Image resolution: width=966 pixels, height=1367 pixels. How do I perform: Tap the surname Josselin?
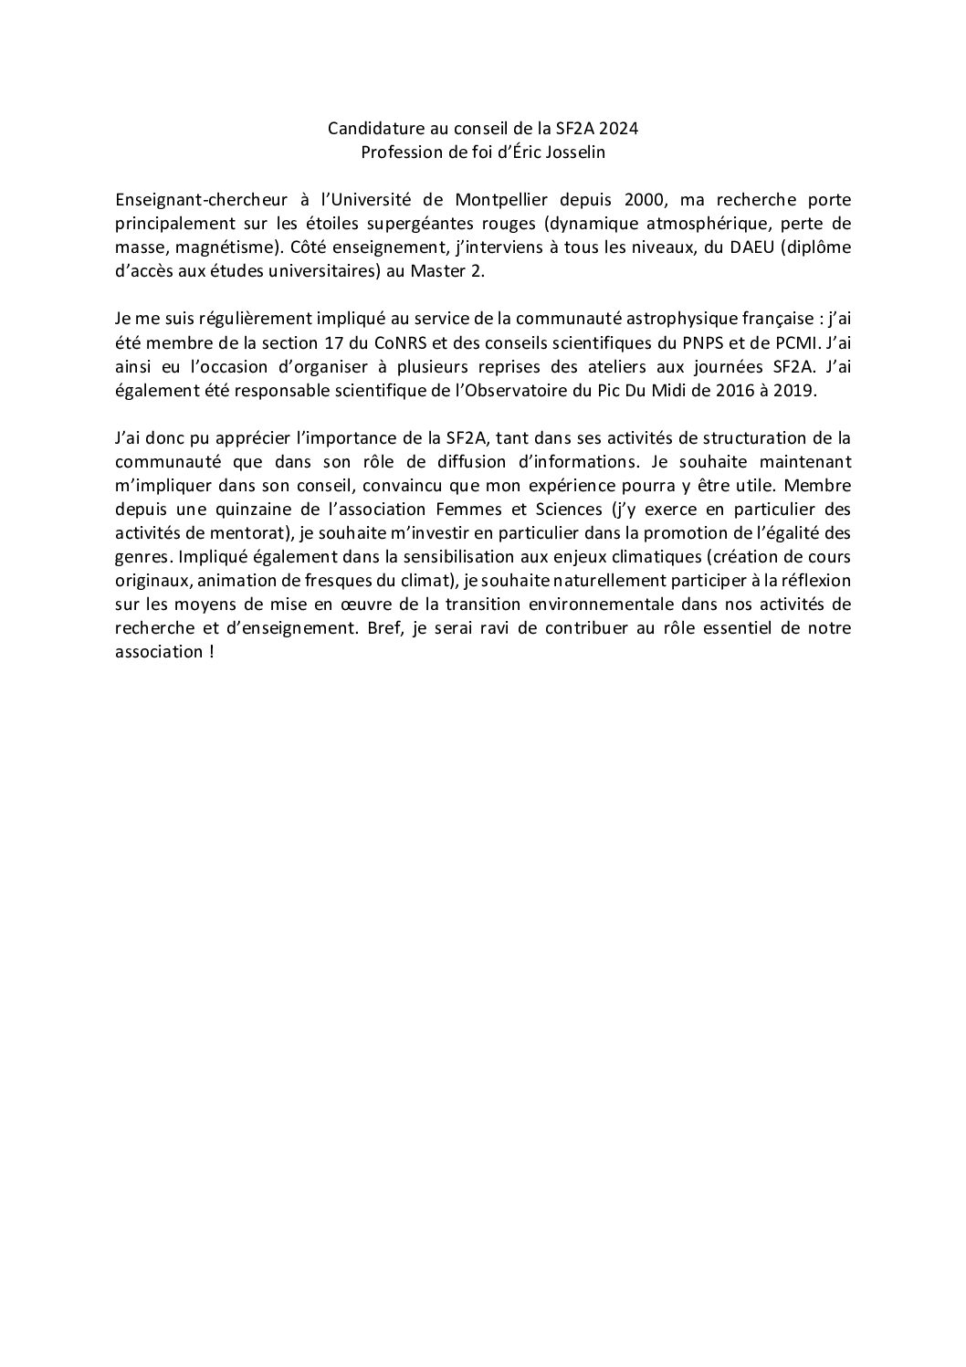(x=573, y=152)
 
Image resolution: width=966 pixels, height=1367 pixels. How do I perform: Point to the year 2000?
(x=643, y=200)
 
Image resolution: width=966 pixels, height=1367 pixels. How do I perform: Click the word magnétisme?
(x=199, y=247)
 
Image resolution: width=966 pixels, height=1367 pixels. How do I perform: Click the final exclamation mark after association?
(x=211, y=652)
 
